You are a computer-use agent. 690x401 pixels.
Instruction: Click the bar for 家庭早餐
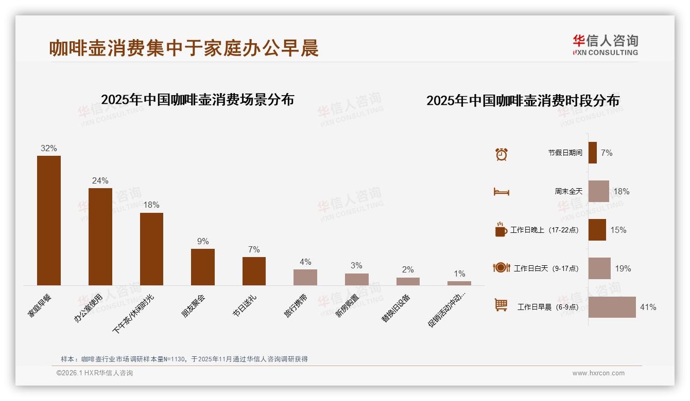[x=49, y=221]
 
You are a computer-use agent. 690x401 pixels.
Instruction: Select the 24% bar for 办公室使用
[x=100, y=236]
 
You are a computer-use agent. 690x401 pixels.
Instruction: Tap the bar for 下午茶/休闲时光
[x=151, y=249]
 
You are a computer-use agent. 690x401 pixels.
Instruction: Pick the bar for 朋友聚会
[x=203, y=267]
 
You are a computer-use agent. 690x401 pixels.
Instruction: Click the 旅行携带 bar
[x=305, y=277]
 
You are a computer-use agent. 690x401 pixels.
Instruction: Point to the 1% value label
[x=459, y=274]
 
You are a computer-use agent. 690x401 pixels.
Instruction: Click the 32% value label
[x=49, y=149]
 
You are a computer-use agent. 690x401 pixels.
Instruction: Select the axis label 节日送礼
[x=245, y=305]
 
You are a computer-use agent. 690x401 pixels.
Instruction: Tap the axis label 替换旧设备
[x=396, y=308]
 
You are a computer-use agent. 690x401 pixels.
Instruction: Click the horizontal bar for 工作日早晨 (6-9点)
[x=612, y=307]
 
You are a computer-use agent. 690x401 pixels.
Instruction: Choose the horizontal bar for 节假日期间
[x=592, y=153]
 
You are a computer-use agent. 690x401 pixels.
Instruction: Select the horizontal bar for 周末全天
[x=598, y=191]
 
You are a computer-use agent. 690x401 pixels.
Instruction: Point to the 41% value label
[x=648, y=307]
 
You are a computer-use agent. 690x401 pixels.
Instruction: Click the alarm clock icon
[x=501, y=154]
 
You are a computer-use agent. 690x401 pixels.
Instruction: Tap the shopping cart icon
[x=501, y=305]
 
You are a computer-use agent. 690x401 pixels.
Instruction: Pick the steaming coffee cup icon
[x=501, y=229]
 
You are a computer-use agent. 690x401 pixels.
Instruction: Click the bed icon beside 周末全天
[x=501, y=192]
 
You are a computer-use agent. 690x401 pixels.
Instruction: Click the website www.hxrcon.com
[x=598, y=373]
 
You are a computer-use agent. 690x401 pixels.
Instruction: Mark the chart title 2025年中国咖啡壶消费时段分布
[x=523, y=100]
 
